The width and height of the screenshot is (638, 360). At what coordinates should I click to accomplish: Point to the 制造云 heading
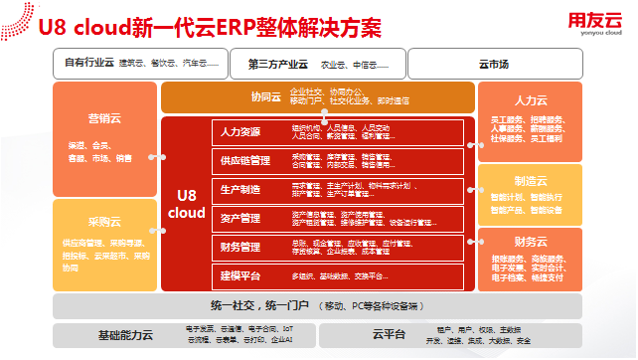pyautogui.click(x=530, y=181)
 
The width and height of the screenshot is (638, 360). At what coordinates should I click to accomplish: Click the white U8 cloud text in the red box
pyautogui.click(x=186, y=204)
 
